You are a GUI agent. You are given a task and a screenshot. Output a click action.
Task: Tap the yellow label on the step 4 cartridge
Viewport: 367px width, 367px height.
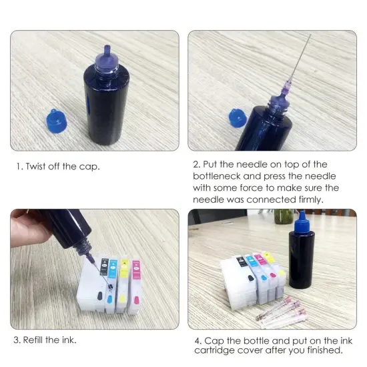point(268,257)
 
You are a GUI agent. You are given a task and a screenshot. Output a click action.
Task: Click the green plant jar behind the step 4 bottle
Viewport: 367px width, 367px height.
point(285,219)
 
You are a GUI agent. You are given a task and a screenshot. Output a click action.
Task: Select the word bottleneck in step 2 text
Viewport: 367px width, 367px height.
point(220,176)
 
